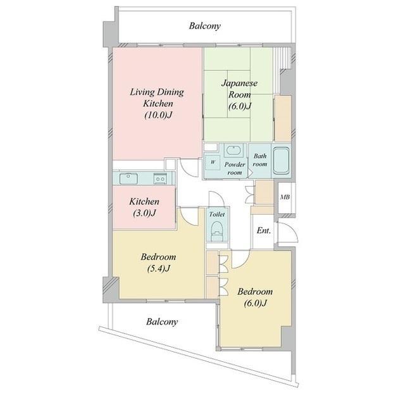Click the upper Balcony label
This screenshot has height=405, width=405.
tap(204, 26)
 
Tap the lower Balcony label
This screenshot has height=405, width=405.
tap(162, 321)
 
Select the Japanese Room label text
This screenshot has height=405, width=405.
tap(239, 89)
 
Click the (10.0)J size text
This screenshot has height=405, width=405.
tap(158, 115)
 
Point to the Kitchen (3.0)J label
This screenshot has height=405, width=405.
tap(144, 207)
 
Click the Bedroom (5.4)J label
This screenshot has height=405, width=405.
tap(158, 263)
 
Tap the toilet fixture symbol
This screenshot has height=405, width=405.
tap(217, 232)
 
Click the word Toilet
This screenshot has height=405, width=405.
tap(216, 214)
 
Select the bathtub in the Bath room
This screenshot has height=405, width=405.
tap(281, 160)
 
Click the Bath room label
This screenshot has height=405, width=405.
tap(260, 160)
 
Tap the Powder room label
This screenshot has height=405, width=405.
tap(235, 168)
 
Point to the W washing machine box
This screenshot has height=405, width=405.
tap(213, 162)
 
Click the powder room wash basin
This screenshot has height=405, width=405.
tap(234, 151)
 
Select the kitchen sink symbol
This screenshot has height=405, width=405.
tap(128, 178)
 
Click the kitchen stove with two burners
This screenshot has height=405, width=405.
tap(160, 178)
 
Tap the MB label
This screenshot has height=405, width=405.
tap(285, 197)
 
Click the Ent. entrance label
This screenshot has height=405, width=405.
tap(263, 230)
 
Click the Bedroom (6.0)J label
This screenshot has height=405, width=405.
tap(255, 297)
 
